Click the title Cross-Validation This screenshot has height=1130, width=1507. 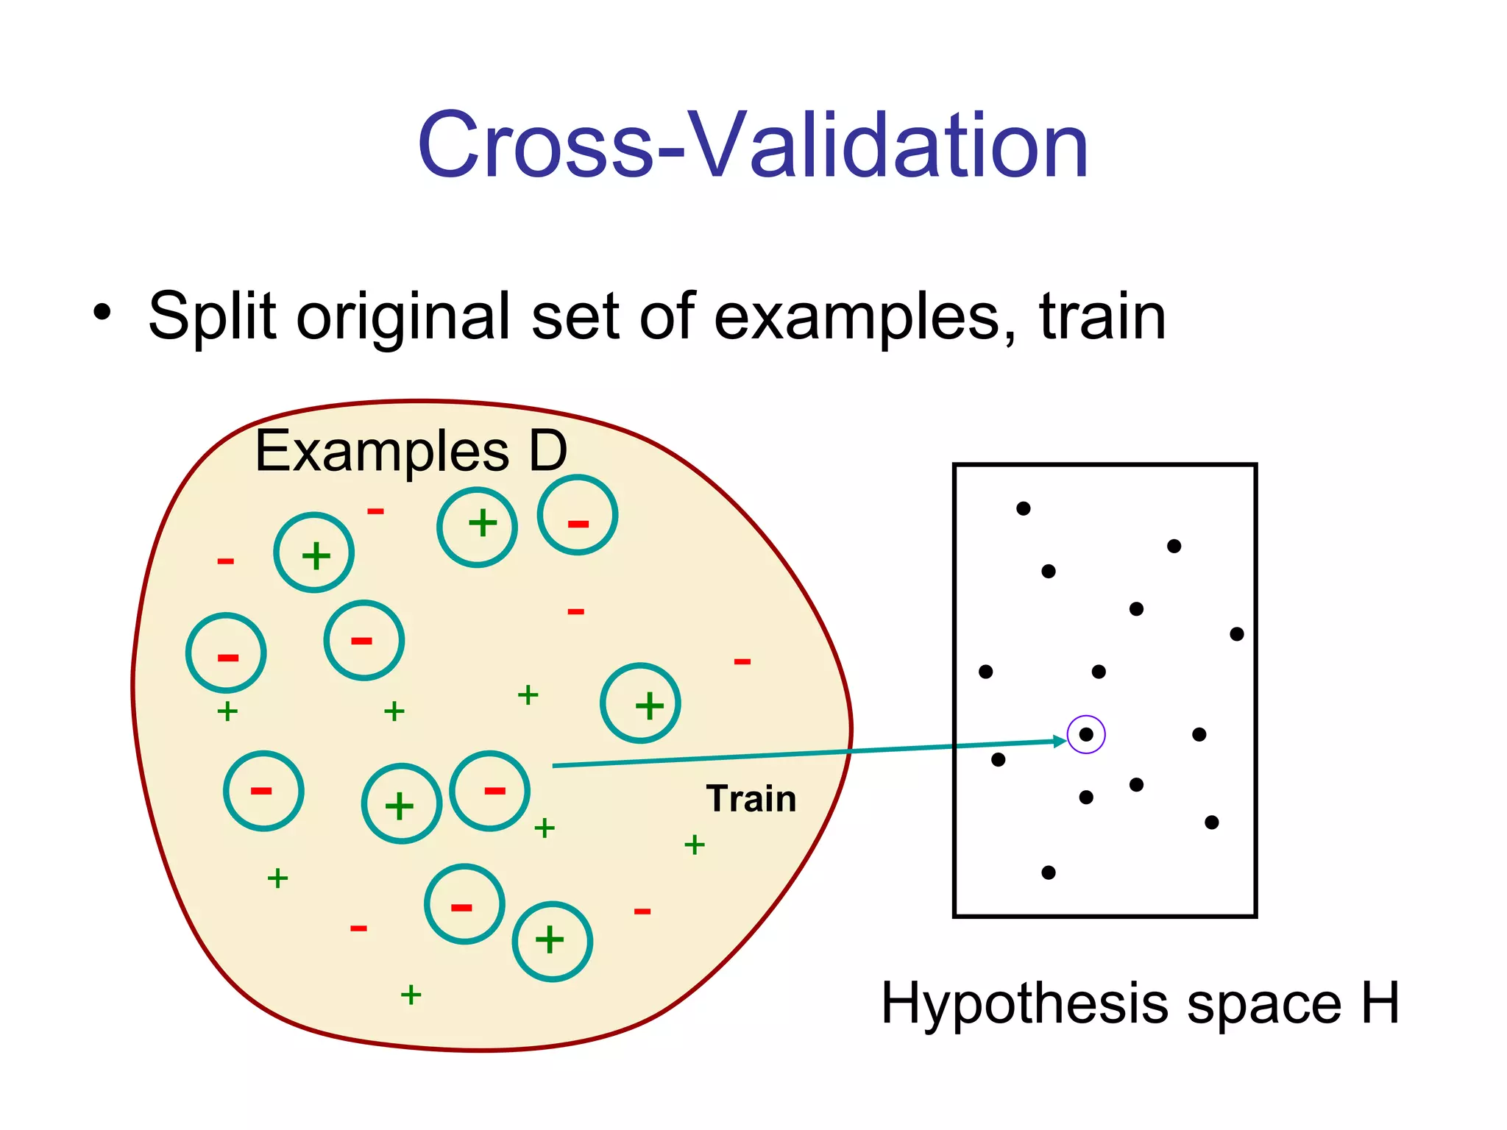click(752, 145)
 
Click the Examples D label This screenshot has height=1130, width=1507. click(410, 451)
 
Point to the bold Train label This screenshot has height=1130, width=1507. click(751, 799)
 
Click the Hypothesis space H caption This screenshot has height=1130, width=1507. click(1139, 1003)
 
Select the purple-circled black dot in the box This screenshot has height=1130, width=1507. click(1086, 734)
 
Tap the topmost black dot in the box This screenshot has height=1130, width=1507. click(1023, 508)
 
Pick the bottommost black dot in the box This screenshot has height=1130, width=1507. click(1049, 873)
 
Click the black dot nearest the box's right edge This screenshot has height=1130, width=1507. click(1237, 634)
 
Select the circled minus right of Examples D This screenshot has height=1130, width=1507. click(578, 515)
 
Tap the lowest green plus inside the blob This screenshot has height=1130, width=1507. click(411, 995)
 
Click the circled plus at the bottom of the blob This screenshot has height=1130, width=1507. click(552, 941)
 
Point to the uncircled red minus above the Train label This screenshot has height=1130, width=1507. click(742, 662)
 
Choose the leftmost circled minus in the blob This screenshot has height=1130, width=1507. click(226, 653)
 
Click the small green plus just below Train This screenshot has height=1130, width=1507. click(694, 845)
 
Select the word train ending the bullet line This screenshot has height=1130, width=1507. click(1102, 316)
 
